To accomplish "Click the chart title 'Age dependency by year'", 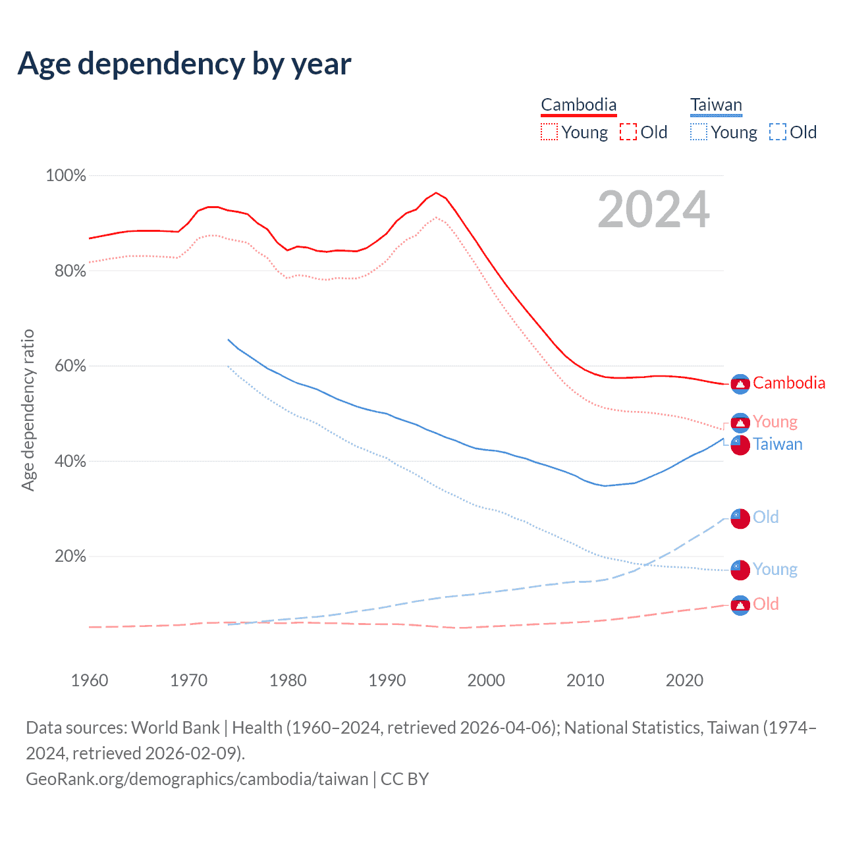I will [x=184, y=64].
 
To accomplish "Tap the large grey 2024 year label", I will [x=653, y=209].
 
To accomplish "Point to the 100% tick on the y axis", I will [x=66, y=176].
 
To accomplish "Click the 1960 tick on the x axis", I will [x=90, y=680].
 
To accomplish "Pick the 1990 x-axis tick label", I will [x=387, y=680].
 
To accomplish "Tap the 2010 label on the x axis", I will [x=585, y=680].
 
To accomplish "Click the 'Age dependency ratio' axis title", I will [x=28, y=410].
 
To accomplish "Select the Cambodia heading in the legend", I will [x=579, y=105].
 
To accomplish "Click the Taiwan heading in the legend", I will [x=716, y=105].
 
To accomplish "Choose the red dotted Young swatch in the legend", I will [x=549, y=132].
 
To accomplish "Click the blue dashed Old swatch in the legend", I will [x=778, y=132].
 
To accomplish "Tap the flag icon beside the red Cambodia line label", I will [x=740, y=384].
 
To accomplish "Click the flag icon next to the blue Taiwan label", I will [x=740, y=445].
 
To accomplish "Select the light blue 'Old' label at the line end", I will [x=766, y=517].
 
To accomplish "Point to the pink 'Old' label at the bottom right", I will [x=766, y=604].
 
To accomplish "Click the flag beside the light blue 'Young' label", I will [x=740, y=570].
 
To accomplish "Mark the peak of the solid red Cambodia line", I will [x=435, y=193].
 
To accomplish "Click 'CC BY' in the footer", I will [x=405, y=779].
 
